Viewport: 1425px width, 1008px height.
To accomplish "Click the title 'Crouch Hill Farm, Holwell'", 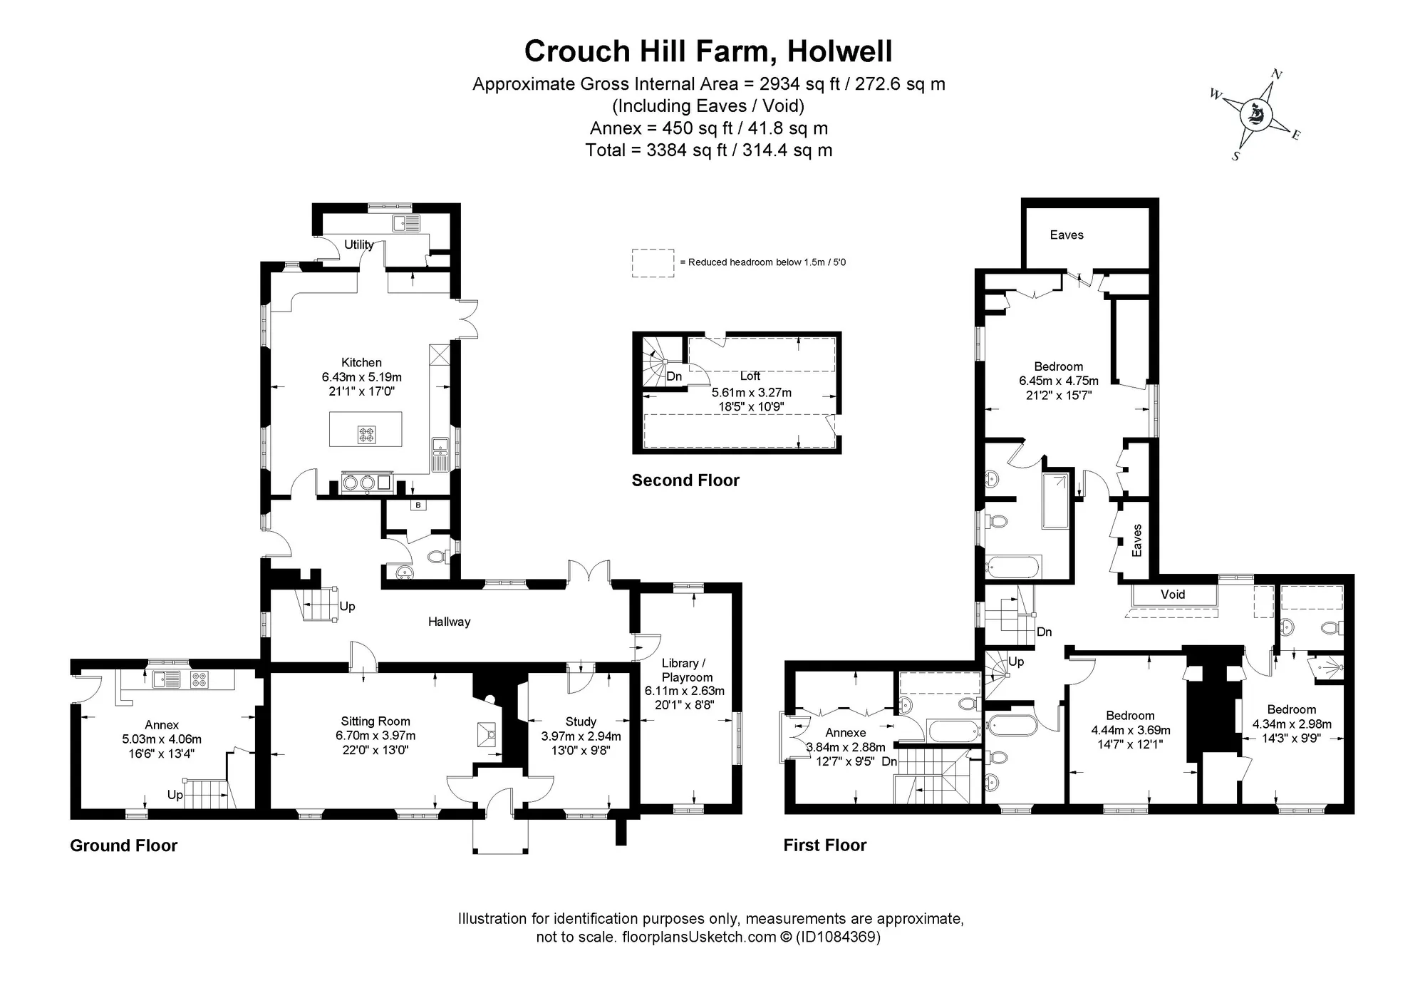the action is (x=708, y=51).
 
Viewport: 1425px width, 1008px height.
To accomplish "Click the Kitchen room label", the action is (x=361, y=362).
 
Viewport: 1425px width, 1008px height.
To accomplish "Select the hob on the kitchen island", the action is (x=366, y=435).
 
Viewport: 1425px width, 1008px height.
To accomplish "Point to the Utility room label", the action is (x=359, y=245).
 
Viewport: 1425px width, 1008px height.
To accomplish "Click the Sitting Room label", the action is (x=375, y=721).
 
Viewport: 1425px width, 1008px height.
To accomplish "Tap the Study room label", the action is (x=581, y=721).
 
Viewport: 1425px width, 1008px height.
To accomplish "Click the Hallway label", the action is (x=449, y=622).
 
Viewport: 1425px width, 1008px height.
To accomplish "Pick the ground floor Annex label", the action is (x=162, y=725).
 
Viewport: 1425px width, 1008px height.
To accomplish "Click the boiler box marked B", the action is (x=418, y=505).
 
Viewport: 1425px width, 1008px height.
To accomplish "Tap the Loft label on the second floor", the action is (x=750, y=376).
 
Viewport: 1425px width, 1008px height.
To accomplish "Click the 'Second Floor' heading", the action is (x=685, y=480).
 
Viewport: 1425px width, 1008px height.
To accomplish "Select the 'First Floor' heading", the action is (x=825, y=845).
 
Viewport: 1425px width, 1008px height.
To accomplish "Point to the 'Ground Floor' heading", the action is (x=123, y=845).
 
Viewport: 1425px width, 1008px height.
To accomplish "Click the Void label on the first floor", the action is (x=1173, y=595).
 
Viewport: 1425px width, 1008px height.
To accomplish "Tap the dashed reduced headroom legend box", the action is (x=653, y=263).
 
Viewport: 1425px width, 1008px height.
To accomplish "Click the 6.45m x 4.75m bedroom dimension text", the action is (x=1059, y=381).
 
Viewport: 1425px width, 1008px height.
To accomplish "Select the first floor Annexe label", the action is (x=846, y=733).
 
